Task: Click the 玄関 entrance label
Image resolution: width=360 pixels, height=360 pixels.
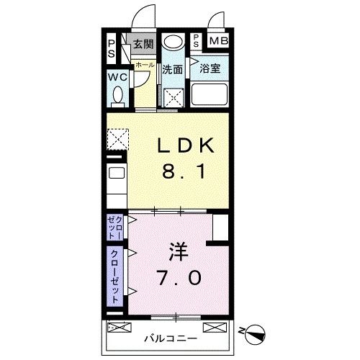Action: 143,44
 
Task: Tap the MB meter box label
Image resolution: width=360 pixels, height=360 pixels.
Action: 218,40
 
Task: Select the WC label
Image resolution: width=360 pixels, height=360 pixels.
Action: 118,77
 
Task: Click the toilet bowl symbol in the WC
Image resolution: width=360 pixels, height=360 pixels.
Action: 120,94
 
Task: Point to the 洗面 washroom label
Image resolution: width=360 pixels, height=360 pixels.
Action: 172,70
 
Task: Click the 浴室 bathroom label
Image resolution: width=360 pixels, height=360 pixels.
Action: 210,69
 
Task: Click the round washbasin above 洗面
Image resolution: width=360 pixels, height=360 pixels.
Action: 172,42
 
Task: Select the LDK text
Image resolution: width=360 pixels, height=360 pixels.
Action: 186,146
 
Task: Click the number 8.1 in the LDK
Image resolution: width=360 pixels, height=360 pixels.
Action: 186,173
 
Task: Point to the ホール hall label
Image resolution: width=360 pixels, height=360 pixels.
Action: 145,65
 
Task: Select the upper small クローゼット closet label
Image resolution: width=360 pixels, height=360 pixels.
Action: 115,228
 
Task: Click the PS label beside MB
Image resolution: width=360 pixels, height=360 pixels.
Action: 197,41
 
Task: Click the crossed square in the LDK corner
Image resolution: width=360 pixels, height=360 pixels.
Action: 117,137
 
